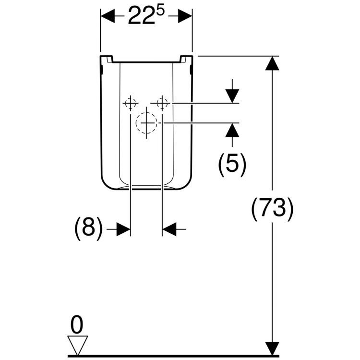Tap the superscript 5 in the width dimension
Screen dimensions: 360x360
[161, 12]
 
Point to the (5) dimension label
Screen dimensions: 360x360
[232, 163]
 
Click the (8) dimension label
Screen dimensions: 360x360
[88, 229]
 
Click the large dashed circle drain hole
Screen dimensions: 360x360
[146, 123]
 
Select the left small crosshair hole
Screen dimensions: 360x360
[131, 103]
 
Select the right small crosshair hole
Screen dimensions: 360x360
[162, 103]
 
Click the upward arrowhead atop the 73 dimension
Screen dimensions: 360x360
[273, 63]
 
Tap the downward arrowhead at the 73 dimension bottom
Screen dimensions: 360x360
[273, 348]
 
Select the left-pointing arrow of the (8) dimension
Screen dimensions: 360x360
[169, 229]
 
